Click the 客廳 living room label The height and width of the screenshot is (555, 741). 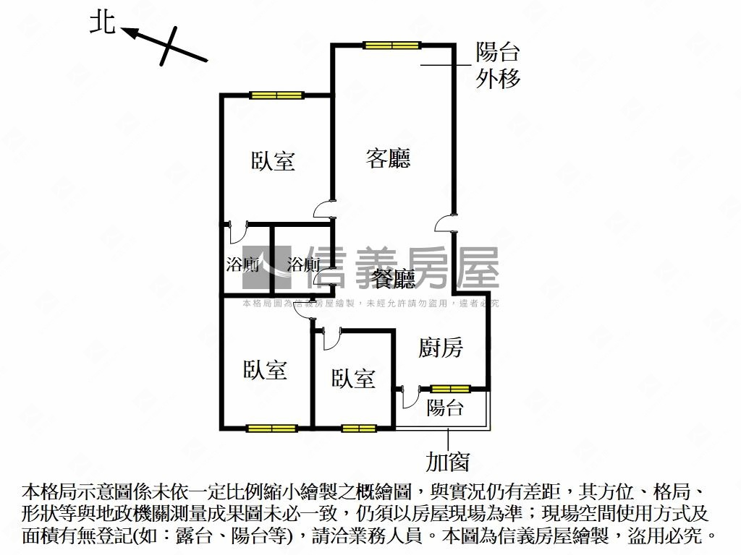pos(388,158)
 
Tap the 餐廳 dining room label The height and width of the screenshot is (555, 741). pos(394,279)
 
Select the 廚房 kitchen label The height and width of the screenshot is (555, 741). pos(441,348)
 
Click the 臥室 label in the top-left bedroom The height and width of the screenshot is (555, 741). pos(274,160)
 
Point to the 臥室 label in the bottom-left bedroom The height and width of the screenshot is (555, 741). pos(265,370)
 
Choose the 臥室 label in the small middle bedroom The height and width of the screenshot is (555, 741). pos(353,378)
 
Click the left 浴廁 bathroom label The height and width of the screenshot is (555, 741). pos(242,264)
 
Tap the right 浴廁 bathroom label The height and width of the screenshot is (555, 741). pos(303,264)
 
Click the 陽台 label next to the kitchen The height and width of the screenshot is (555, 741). pos(444,408)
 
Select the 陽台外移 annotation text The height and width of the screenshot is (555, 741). pos(498,65)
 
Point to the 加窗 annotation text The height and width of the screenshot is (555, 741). pos(448,461)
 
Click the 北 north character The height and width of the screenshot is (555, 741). pos(102,22)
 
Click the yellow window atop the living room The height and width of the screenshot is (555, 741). pos(392,46)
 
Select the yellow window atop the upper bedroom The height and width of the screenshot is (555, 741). pos(276,95)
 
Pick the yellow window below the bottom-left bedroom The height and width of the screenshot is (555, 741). pos(271,428)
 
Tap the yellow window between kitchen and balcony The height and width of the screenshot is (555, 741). pos(451,389)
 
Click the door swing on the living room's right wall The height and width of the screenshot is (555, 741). pos(444,223)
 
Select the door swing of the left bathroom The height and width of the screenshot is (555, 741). pos(237,233)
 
